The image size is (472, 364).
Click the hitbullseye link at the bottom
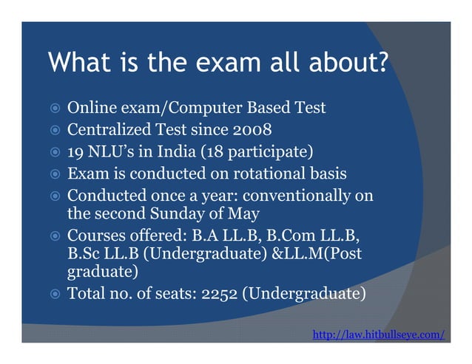pos(379,335)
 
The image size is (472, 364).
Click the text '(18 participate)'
pos(260,153)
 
